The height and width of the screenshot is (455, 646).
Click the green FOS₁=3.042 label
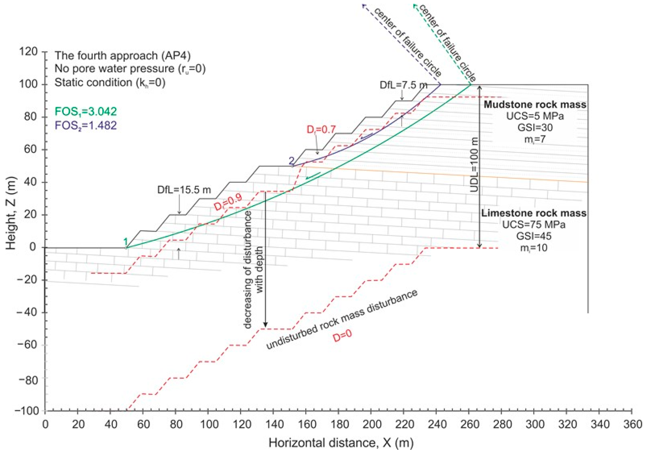[x=86, y=112]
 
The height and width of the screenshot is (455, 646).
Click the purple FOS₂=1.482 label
[x=86, y=125]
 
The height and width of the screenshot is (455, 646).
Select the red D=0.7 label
[x=321, y=129]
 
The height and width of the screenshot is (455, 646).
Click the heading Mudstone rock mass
[x=535, y=105]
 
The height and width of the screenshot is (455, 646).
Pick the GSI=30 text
[x=535, y=127]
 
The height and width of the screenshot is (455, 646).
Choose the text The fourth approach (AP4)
[x=123, y=56]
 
